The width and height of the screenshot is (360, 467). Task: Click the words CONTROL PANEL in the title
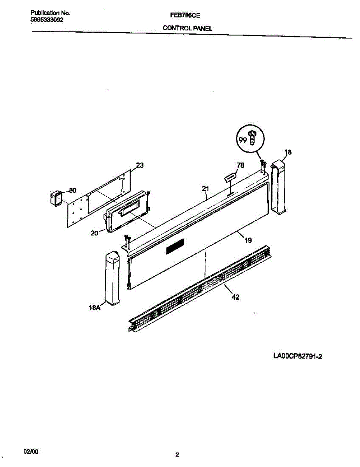tap(187, 28)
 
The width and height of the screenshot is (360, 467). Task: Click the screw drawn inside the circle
tap(252, 137)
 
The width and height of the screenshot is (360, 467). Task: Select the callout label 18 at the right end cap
tap(288, 152)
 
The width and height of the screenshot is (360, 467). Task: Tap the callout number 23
tap(140, 165)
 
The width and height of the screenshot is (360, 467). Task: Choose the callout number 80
tap(72, 190)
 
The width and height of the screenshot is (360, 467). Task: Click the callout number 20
tap(94, 233)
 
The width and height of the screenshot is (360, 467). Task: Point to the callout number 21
tap(206, 189)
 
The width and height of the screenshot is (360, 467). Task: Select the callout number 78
tap(240, 165)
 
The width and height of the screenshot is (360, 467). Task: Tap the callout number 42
tap(235, 297)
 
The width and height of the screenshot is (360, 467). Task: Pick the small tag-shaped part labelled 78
tap(229, 177)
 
